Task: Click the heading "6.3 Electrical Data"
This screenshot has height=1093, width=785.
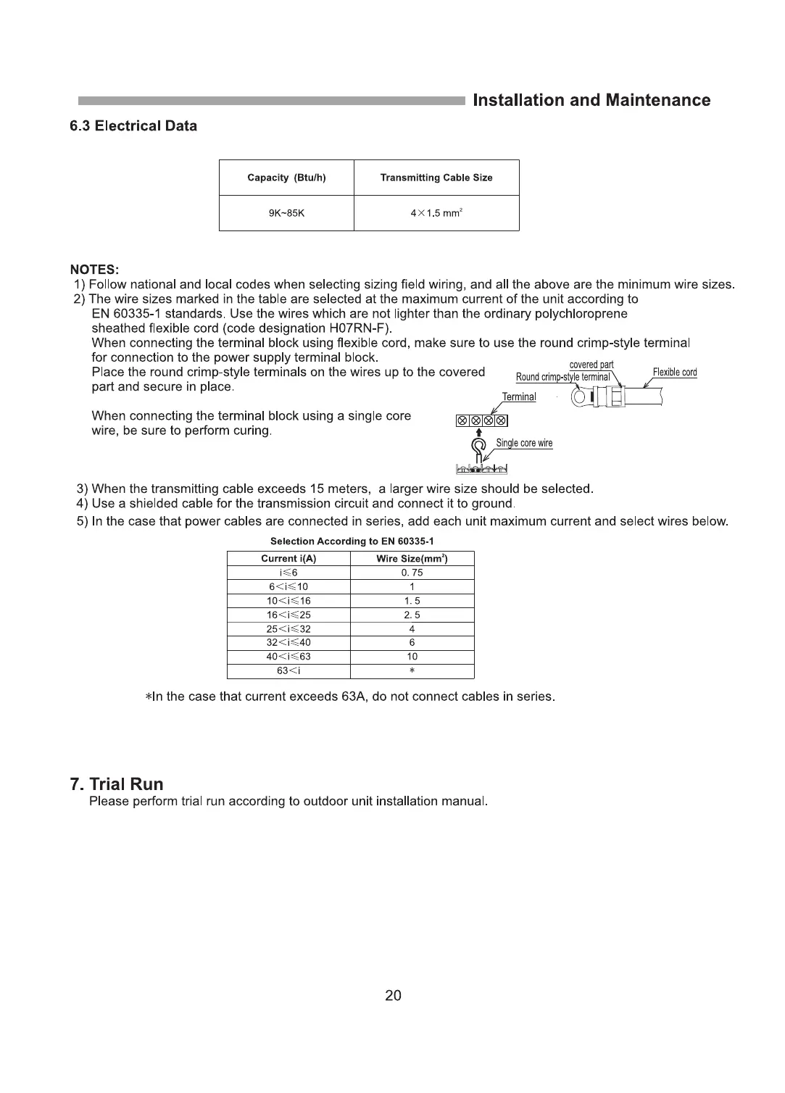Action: click(133, 126)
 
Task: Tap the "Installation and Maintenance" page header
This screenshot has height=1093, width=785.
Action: click(591, 101)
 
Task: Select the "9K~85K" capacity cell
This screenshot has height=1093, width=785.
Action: click(286, 214)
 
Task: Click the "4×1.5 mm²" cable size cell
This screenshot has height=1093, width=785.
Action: click(436, 214)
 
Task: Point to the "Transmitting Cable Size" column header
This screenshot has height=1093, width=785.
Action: click(436, 178)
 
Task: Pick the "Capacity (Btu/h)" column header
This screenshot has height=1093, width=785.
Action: click(286, 178)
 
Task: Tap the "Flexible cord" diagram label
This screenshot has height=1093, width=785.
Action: click(675, 373)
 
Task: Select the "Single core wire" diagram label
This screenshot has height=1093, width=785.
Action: click(524, 443)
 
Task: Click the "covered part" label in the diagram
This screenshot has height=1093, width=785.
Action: click(591, 365)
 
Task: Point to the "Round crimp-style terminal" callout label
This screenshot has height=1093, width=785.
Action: click(563, 377)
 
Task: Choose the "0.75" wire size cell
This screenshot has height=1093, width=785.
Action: click(412, 573)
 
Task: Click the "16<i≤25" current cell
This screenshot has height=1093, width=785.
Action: click(288, 615)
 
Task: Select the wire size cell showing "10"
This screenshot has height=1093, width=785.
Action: click(412, 657)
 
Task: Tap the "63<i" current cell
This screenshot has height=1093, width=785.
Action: click(288, 670)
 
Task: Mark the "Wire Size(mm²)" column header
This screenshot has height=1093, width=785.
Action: click(412, 559)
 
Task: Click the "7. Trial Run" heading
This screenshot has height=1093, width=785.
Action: click(117, 784)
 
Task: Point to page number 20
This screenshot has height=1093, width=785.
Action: click(393, 996)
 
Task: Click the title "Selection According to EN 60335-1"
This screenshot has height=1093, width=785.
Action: click(352, 541)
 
